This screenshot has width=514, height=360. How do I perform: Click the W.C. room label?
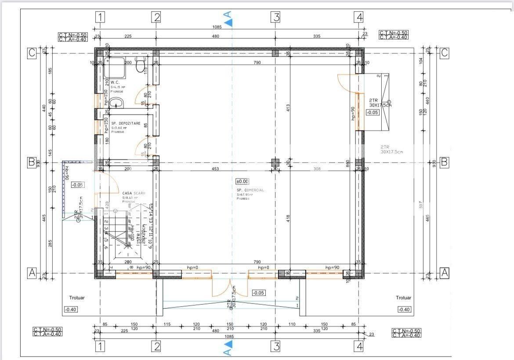[x=115, y=83]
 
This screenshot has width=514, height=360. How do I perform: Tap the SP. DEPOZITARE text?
[x=126, y=123]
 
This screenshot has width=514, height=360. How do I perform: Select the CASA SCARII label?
[x=134, y=193]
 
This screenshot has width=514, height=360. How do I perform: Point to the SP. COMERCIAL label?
[x=250, y=190]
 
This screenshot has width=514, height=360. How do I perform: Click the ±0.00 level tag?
[x=242, y=181]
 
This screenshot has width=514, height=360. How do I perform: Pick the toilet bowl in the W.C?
[x=141, y=65]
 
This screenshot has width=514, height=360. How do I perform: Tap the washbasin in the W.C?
[x=116, y=104]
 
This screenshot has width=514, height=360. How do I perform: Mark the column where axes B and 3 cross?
[x=275, y=162]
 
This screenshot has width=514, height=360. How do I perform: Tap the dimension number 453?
[x=215, y=169]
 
